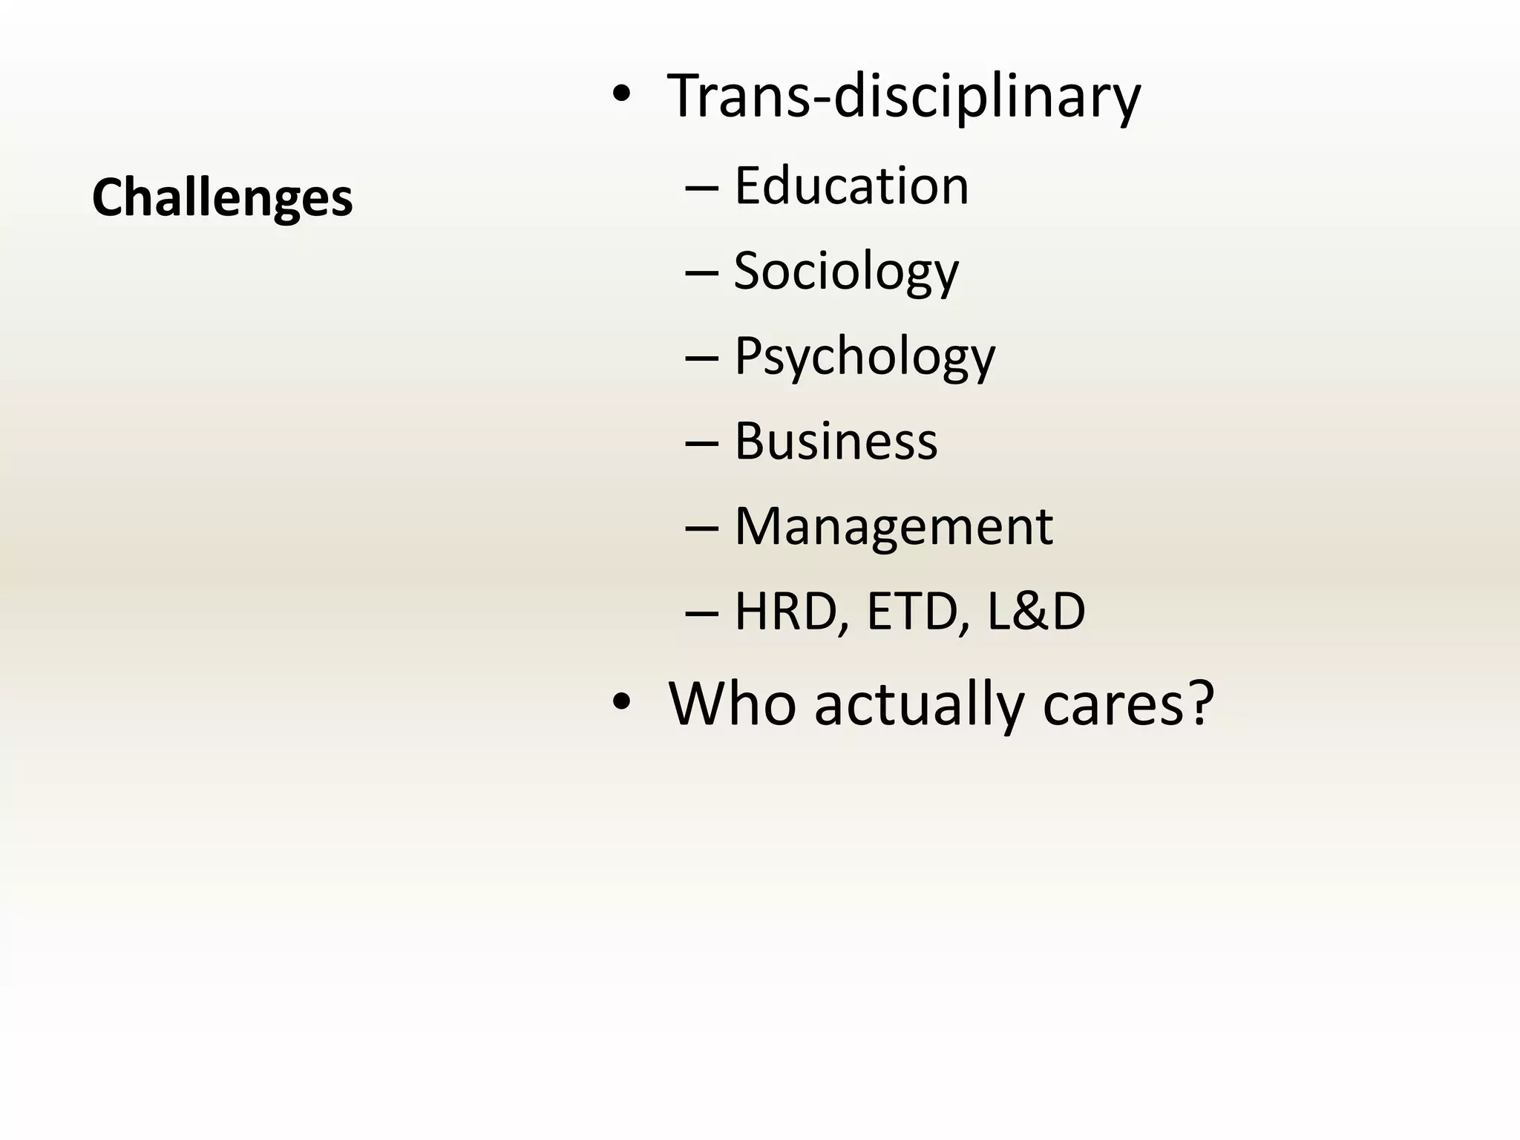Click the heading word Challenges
point(222,198)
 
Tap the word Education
point(851,186)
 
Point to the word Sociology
point(846,271)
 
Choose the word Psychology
point(865,356)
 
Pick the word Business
point(836,441)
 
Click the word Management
point(894,526)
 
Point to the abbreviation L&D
point(1036,612)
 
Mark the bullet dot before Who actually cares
point(621,701)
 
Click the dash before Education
point(701,189)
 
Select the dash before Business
point(701,445)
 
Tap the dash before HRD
point(701,615)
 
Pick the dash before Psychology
point(701,359)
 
